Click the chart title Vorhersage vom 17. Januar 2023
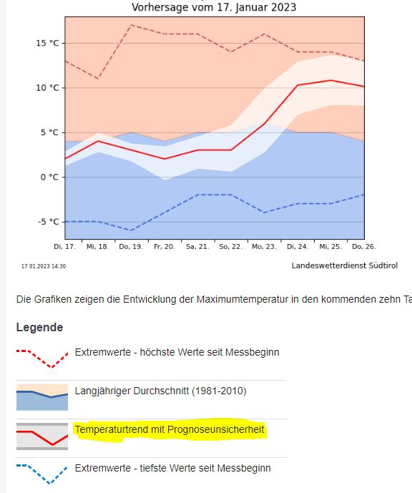(214, 7)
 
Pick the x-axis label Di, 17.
(64, 246)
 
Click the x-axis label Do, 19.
(131, 246)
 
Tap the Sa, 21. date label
(197, 246)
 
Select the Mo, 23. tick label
(265, 246)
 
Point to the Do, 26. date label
(364, 246)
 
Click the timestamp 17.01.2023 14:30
(44, 266)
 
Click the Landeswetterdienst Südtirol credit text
(345, 265)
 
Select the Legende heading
(39, 327)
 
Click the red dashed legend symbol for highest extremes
(41, 358)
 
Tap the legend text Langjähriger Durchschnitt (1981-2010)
(160, 391)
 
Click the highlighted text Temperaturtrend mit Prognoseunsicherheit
(170, 429)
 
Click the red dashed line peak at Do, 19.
(131, 25)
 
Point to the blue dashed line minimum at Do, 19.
(131, 230)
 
